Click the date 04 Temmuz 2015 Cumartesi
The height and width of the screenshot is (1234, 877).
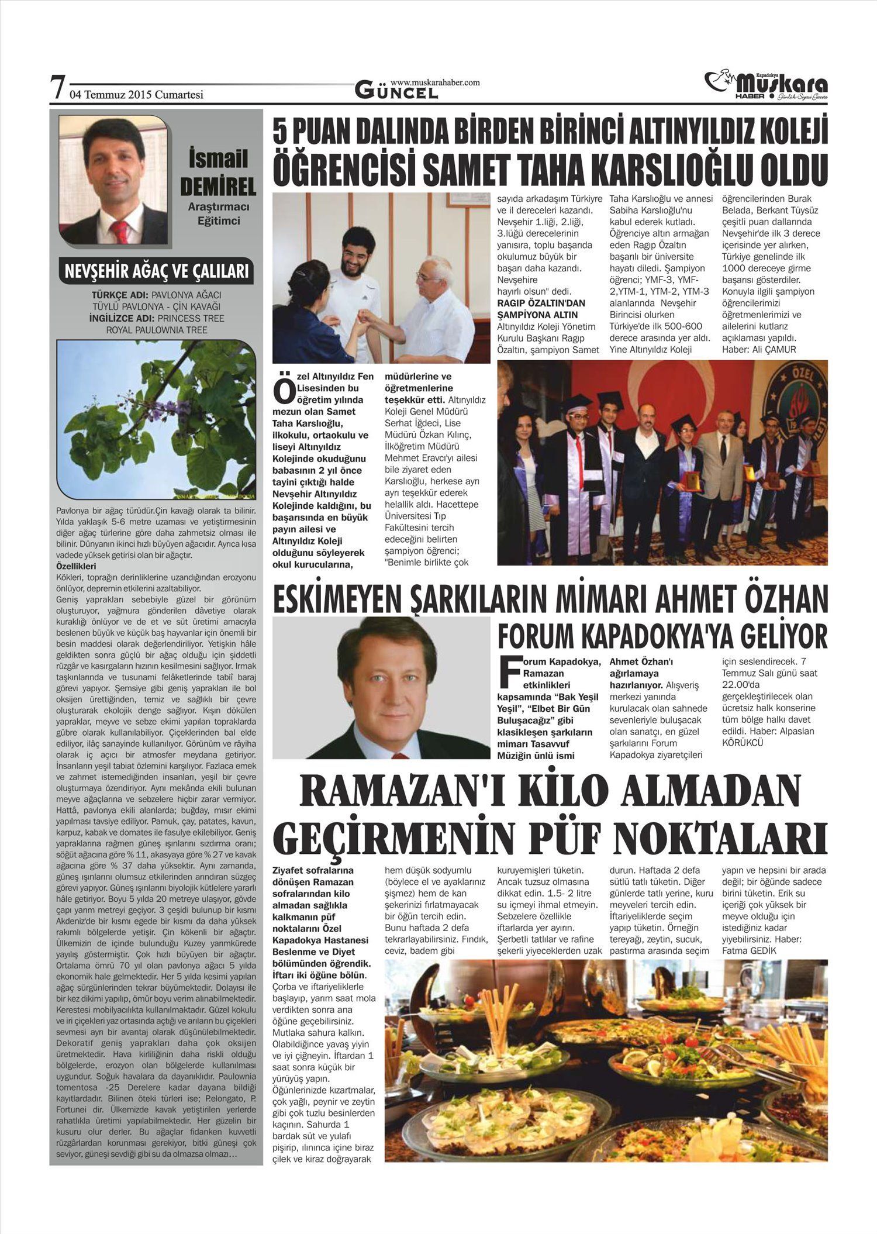136,94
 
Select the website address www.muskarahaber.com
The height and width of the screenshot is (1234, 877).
435,82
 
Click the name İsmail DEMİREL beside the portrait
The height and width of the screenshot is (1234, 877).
217,173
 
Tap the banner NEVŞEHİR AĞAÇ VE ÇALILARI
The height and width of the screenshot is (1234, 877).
156,271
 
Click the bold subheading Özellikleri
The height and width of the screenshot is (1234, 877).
76,566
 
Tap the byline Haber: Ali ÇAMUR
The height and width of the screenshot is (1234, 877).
759,349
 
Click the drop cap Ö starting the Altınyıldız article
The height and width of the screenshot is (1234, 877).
284,392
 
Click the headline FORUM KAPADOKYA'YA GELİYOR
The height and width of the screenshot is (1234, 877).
662,635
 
